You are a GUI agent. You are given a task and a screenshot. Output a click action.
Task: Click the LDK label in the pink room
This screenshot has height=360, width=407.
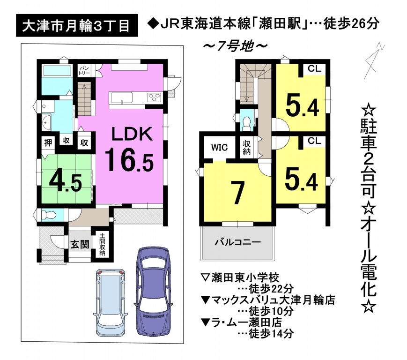(132, 134)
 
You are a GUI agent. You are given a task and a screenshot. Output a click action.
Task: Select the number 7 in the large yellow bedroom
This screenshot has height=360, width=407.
(237, 193)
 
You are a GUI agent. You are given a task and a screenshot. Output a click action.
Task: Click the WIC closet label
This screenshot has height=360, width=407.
(219, 148)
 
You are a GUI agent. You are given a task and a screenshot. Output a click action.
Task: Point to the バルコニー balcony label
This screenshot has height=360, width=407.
(237, 242)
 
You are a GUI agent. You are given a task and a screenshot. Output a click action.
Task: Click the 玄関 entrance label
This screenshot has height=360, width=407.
(80, 244)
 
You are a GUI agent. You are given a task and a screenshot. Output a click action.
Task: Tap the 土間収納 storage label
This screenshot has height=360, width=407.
(102, 244)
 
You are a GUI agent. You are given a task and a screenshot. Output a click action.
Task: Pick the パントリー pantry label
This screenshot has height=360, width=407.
(84, 71)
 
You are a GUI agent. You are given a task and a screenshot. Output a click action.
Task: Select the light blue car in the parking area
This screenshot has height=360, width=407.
(111, 302)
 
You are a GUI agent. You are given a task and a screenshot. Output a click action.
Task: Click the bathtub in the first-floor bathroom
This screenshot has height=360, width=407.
(57, 71)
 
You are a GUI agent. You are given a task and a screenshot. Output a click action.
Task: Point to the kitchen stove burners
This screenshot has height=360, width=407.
(154, 97)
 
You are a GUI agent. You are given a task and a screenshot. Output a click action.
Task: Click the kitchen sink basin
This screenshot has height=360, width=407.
(122, 98)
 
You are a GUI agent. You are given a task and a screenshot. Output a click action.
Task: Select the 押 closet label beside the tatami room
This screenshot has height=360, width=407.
(48, 143)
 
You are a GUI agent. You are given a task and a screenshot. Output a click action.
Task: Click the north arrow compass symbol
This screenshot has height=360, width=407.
(374, 60)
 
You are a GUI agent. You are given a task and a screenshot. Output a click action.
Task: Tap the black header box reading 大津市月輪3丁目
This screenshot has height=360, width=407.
(77, 25)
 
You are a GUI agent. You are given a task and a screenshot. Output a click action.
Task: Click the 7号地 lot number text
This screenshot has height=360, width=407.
(236, 46)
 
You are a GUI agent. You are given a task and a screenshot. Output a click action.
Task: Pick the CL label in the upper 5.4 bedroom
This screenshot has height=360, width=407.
(315, 69)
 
